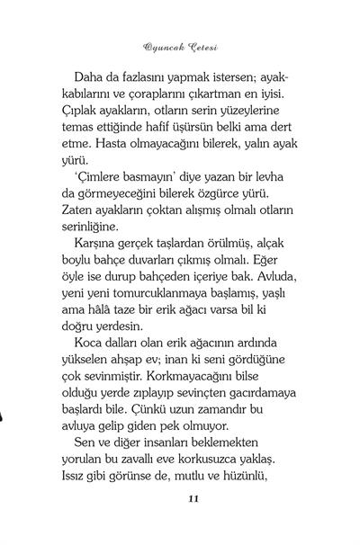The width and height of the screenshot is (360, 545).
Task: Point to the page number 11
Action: tap(181, 523)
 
